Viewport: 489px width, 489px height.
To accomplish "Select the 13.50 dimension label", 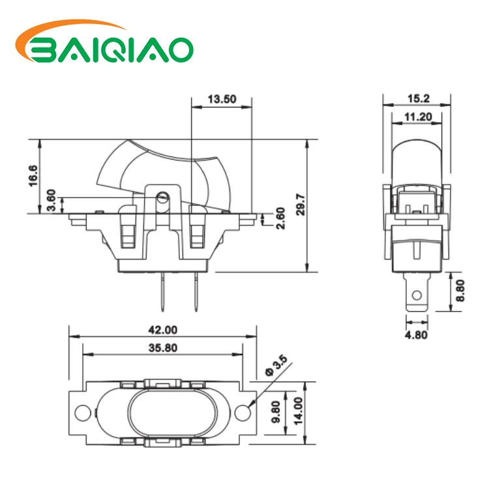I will pyautogui.click(x=221, y=100).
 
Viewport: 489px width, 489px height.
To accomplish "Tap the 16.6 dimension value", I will pyautogui.click(x=33, y=175).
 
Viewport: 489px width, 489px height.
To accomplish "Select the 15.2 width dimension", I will pyautogui.click(x=417, y=98).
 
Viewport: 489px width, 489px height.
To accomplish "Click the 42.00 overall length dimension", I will pyautogui.click(x=163, y=331).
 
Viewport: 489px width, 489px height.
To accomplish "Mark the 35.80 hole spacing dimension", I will pyautogui.click(x=163, y=348).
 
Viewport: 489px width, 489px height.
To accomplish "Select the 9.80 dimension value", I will pyautogui.click(x=276, y=412).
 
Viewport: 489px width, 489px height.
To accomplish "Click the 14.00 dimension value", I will pyautogui.click(x=298, y=412).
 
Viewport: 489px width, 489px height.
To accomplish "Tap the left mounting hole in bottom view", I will pyautogui.click(x=82, y=412).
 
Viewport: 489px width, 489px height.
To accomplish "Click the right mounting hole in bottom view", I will pyautogui.click(x=243, y=412).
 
